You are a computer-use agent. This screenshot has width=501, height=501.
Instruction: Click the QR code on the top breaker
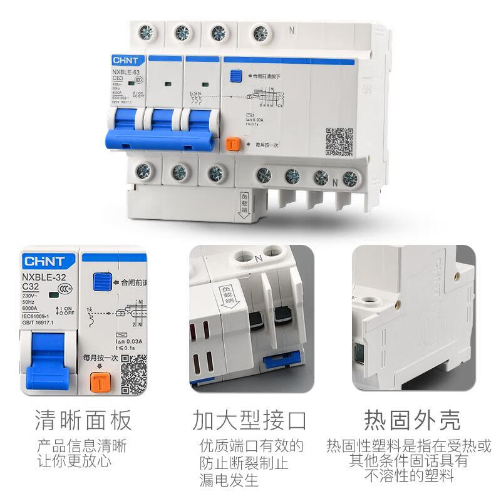(x=339, y=142)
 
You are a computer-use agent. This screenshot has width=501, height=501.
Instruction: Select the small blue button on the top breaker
(x=235, y=76)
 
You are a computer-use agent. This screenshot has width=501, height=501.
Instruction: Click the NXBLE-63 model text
(x=125, y=71)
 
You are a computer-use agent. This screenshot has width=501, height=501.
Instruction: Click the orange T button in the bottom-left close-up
(x=99, y=381)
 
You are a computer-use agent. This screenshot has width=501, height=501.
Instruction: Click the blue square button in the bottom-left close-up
(x=99, y=281)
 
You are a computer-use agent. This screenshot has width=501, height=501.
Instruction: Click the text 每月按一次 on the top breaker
(x=266, y=145)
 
